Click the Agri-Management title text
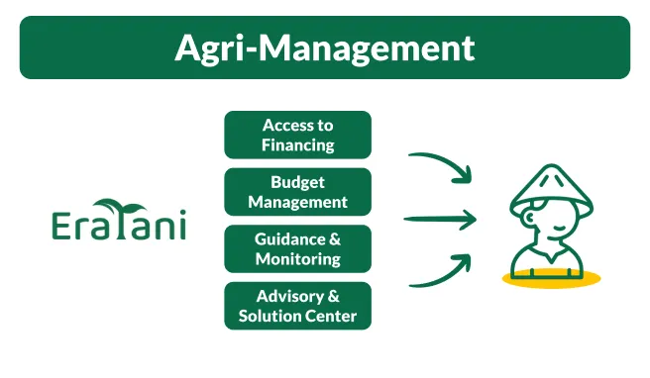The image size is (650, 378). [x=325, y=47]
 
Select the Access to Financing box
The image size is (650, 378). [x=297, y=135]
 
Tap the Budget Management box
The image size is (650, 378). [x=297, y=192]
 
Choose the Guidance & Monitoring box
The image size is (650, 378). [x=297, y=249]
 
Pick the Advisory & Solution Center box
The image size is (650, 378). [x=297, y=307]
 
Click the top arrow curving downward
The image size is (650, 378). [x=441, y=165]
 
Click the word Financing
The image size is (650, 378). [x=297, y=144]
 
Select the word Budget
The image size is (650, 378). [x=297, y=182]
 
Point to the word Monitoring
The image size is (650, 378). [x=297, y=259]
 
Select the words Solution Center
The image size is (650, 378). [x=297, y=317]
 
